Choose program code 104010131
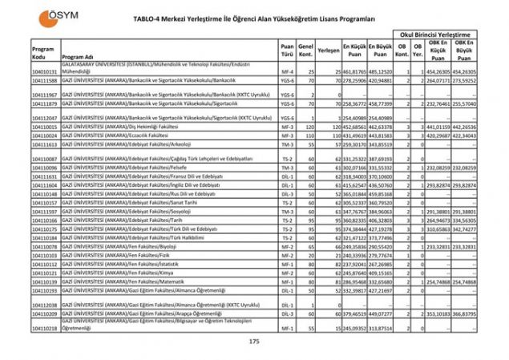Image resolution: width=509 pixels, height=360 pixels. (44, 72)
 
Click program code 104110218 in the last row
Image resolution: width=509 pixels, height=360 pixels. (44, 329)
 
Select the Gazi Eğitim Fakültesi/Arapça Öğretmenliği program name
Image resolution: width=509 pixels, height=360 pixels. (152, 313)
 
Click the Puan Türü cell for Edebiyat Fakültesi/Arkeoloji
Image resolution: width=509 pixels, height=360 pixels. (286, 144)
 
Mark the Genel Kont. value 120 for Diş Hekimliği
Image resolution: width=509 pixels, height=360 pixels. (305, 127)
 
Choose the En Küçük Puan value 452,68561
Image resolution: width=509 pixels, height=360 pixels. (354, 127)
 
